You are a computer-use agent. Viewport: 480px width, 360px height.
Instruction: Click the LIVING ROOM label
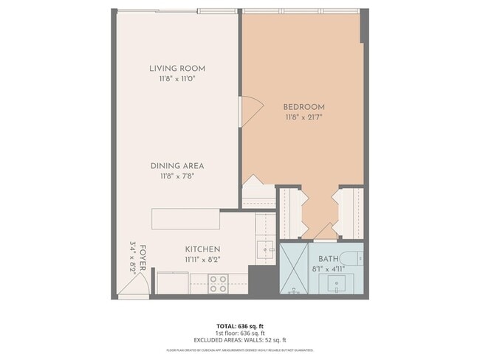coord(177,69)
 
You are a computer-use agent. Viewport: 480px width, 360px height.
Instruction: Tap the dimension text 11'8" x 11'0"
coord(177,79)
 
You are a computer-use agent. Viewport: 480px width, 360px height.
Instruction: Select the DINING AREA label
coord(177,166)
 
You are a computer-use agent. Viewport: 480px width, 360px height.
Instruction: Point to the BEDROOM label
coord(304,107)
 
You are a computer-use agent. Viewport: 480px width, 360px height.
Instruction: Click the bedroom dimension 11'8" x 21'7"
coord(304,117)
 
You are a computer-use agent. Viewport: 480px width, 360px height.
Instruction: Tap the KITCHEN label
coord(202,249)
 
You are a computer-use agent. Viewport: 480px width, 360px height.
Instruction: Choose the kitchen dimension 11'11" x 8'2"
coord(202,260)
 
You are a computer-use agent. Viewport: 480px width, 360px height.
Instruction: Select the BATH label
coord(329,259)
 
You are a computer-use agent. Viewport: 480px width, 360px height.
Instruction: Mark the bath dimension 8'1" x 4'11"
coord(329,269)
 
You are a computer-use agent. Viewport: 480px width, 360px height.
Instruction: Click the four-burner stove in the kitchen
coord(218,283)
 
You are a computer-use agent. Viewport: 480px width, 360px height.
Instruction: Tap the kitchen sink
coord(264,249)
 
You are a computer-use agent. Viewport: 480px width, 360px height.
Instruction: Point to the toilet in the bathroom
coord(354,259)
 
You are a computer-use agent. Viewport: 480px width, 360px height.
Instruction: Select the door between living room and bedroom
coord(250,111)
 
